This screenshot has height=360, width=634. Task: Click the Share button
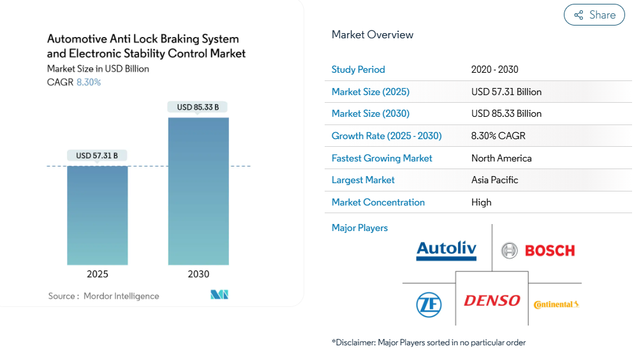pos(594,15)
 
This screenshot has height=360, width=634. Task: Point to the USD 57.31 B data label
pos(97,156)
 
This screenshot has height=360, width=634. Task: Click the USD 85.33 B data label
pos(198,107)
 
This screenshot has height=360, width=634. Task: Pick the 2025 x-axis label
pos(98,274)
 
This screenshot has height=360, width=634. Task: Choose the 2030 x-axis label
pos(198,274)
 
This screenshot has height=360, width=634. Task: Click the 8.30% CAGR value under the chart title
pos(89,82)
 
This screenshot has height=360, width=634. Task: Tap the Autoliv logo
pos(446,250)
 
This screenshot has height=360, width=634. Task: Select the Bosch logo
pos(538,250)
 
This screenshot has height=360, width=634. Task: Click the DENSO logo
pos(492,300)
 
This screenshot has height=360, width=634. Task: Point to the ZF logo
pos(429,304)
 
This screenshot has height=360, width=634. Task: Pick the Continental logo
pos(556,304)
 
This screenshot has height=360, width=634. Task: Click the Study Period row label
pos(358,70)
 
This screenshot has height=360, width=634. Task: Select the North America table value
pos(501,158)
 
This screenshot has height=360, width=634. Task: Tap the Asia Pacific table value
pos(495,180)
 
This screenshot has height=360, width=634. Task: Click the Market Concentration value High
pos(482,202)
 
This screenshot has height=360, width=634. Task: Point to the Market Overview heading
pos(372,34)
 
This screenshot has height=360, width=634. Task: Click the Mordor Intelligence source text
pos(121,296)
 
